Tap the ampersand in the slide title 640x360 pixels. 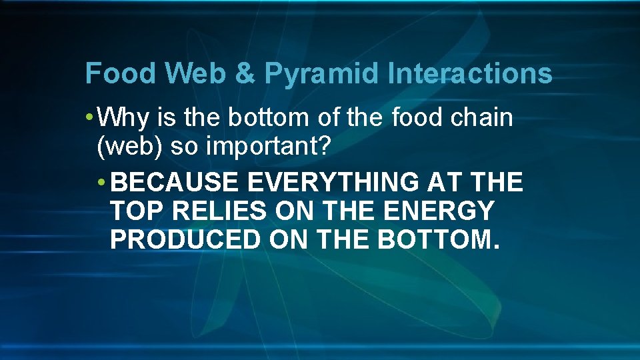(245, 73)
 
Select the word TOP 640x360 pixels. (137, 211)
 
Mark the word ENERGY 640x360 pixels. (439, 211)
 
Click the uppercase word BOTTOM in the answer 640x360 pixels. (438, 240)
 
